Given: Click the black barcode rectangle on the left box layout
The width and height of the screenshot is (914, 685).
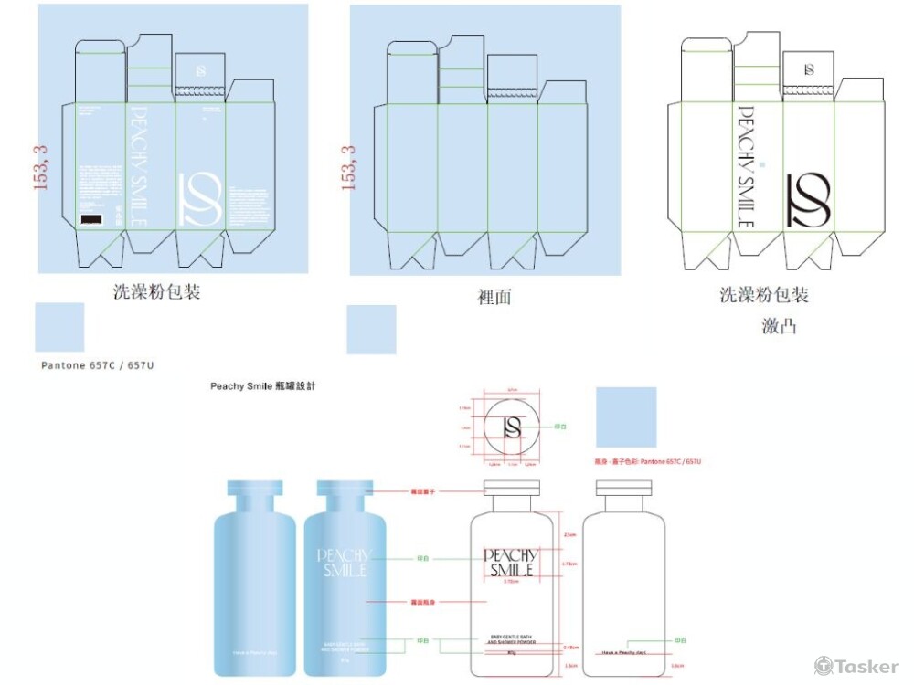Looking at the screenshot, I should (x=91, y=219).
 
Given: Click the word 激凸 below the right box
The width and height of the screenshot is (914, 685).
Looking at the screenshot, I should (x=778, y=326).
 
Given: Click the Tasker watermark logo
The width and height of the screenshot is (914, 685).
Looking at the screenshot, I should (x=856, y=667).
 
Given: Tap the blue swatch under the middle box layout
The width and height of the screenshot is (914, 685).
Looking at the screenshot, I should (x=371, y=330).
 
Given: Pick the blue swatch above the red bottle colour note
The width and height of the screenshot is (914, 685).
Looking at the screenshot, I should (x=626, y=416).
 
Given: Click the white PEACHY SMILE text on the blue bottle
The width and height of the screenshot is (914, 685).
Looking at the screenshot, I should (x=342, y=563).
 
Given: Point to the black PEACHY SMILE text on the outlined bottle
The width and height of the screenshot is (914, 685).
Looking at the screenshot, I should (x=510, y=563).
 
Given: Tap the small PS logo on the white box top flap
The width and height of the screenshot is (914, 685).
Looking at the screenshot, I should (x=809, y=69).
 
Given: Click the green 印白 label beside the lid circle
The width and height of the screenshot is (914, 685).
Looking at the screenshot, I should (x=560, y=427).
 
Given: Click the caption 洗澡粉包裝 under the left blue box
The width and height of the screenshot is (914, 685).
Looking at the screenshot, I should (x=156, y=293).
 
